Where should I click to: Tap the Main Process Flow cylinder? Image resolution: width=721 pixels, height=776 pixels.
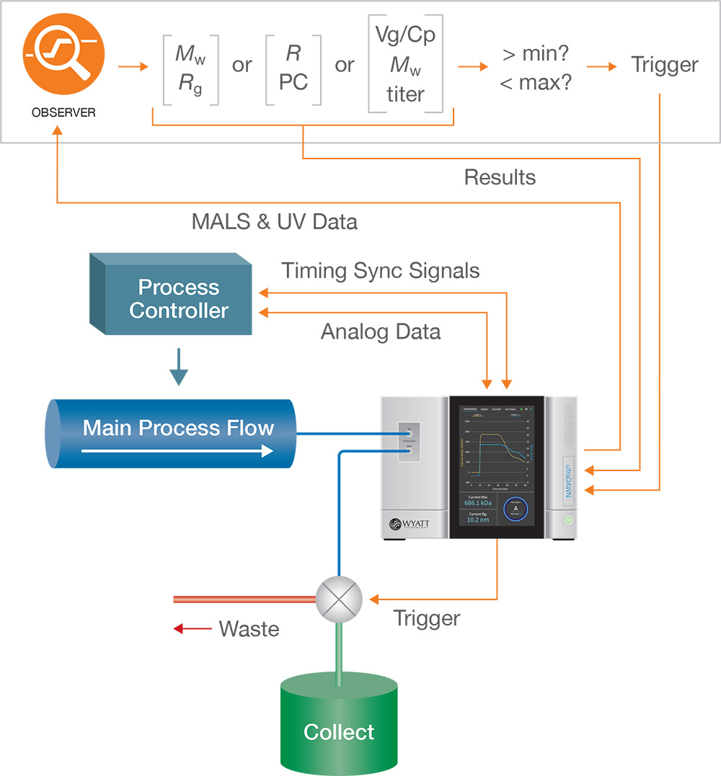pos(173,432)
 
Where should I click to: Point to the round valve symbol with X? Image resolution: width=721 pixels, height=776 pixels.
pos(339,599)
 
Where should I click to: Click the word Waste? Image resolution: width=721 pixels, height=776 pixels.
pos(249,629)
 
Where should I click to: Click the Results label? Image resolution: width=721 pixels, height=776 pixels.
pos(500,177)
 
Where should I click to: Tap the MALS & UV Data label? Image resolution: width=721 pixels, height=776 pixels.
pos(274,221)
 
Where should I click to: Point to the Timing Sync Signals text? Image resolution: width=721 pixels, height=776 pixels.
pos(380,271)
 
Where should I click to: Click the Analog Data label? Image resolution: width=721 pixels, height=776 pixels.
pos(380,331)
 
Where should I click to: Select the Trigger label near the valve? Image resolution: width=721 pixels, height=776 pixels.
pos(426,618)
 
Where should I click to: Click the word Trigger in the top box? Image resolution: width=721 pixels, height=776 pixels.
pos(664,65)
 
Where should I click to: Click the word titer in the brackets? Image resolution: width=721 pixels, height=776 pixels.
pos(405,94)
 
